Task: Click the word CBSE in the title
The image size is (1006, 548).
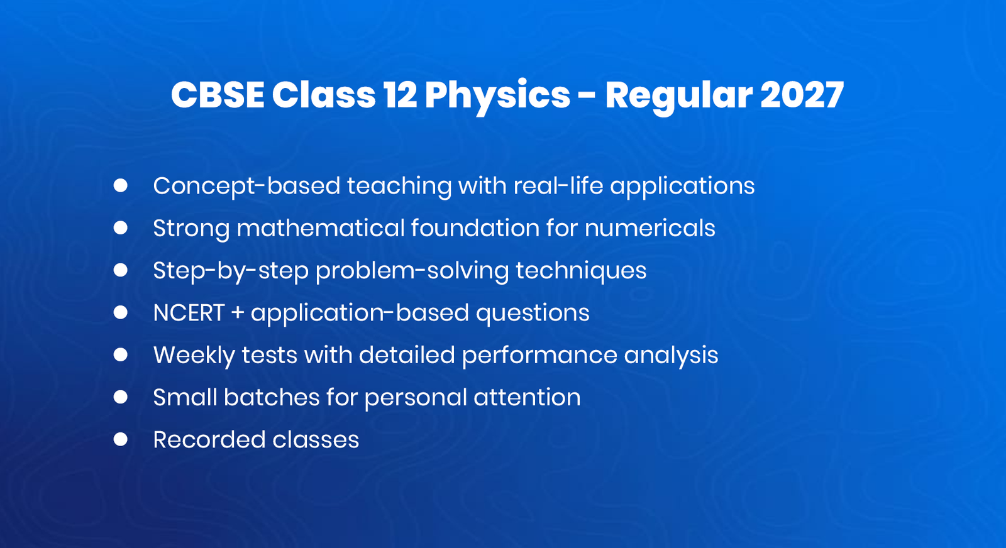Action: [218, 95]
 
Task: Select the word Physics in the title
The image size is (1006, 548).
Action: [497, 96]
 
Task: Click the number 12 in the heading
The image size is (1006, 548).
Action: [400, 95]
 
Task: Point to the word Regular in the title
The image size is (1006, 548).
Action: [678, 96]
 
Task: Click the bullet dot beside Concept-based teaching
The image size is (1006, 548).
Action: [121, 185]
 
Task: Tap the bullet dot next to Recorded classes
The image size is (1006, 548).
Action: [121, 439]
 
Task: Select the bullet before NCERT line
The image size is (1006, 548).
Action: [121, 312]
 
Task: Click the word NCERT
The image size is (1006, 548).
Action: [189, 313]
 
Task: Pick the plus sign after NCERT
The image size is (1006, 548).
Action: [238, 313]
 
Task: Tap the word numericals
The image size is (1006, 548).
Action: [649, 228]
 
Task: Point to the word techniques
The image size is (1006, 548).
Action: [581, 271]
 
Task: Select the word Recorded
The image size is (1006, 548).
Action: [208, 440]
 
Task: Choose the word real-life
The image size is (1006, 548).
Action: [558, 186]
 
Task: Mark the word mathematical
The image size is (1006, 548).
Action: [320, 228]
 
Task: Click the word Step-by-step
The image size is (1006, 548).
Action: [231, 271]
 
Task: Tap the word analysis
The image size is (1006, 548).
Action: [671, 356]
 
